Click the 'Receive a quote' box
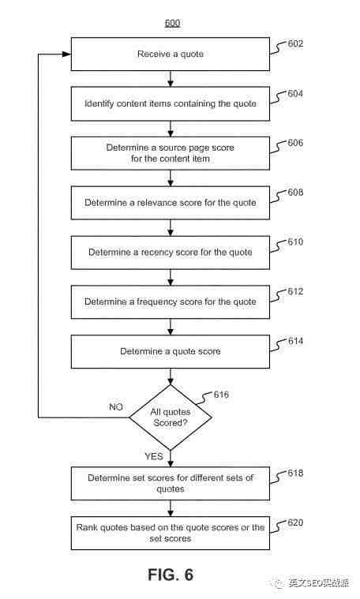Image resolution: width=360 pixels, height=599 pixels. [171, 54]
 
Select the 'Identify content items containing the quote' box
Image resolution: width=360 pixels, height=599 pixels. [171, 104]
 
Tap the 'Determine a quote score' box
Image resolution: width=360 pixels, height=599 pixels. [171, 351]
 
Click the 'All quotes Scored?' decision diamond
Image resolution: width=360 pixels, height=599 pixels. [171, 417]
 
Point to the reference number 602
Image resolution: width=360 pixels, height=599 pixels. [295, 43]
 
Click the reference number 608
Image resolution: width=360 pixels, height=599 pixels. [295, 192]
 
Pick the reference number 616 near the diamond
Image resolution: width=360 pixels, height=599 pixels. [221, 395]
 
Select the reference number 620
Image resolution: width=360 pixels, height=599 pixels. [295, 522]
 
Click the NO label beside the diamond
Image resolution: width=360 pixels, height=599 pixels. [116, 407]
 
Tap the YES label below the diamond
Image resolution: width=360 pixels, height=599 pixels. [154, 456]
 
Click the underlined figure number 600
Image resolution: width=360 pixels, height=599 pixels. [172, 23]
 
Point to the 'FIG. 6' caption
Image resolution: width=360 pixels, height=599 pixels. [171, 575]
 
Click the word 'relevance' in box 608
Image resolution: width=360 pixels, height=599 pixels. [158, 203]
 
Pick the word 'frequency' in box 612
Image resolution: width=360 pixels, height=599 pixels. [157, 301]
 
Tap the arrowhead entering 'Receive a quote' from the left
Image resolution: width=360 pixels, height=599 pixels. [67, 54]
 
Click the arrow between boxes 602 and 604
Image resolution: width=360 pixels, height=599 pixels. [171, 79]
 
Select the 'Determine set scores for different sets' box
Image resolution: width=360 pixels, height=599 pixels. [171, 484]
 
